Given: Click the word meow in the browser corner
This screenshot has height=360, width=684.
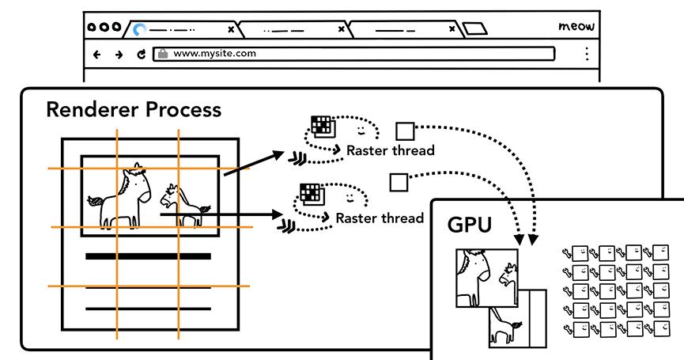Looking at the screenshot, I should pos(576,27).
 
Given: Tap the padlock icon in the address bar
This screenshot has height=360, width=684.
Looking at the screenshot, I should pos(162,54).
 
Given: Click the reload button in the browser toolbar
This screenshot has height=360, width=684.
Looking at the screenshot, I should pos(142,55).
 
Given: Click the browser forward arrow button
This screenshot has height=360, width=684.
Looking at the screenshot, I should pos(119,55).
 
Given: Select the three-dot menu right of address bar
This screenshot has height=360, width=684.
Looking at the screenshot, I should pos(586,54).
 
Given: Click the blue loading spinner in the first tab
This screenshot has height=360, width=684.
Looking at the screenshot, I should pos(140,30).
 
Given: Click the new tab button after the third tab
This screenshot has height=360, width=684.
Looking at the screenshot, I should pos(474,29).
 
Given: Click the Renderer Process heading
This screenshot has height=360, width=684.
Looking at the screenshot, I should pos(134,109).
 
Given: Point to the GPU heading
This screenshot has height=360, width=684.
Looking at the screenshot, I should pos(470,225).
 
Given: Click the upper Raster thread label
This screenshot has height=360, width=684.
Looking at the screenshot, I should pos(391,150).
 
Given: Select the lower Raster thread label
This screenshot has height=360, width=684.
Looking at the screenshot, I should pos(380,218).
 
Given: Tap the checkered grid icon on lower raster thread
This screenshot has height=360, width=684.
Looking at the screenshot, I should pos(309,193).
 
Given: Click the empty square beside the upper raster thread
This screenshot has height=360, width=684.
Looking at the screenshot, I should pos(405,131).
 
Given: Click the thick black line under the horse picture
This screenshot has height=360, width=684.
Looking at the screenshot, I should pos(148,256).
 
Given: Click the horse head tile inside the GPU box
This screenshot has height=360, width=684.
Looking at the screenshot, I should pos(486,278).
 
